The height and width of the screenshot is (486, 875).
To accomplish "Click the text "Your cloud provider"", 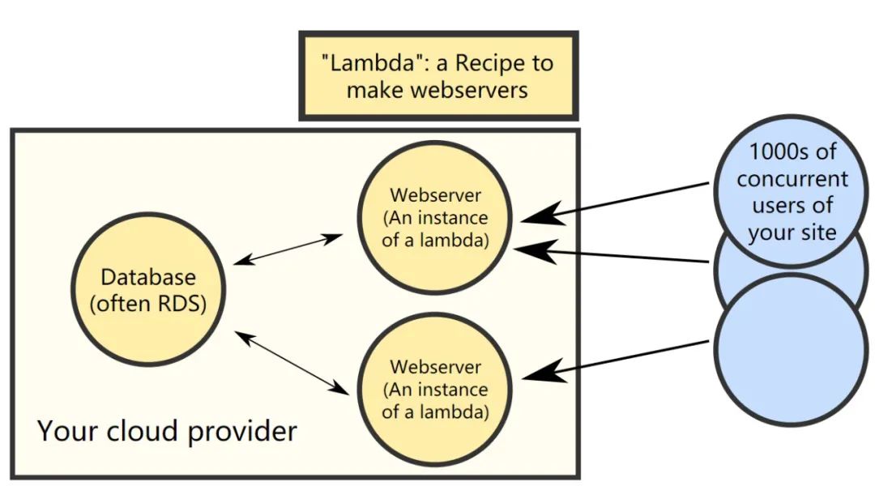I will tap(167, 431).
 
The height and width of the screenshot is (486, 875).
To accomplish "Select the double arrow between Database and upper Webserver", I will tap(288, 249).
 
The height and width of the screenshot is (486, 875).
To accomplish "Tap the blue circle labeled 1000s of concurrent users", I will tap(791, 191).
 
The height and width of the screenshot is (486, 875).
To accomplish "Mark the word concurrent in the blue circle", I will tap(792, 178).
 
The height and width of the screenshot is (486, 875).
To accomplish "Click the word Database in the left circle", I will tap(147, 277).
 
